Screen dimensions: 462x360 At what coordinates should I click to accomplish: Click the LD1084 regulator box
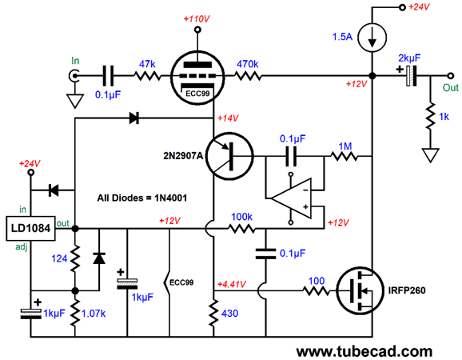coord(30,229)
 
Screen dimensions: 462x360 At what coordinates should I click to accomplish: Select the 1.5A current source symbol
coord(372,38)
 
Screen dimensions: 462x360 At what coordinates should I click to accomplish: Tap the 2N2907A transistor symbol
coord(229,156)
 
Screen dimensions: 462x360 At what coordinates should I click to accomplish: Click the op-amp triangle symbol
coord(291,198)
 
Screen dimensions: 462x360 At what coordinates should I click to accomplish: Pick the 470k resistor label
coord(248,64)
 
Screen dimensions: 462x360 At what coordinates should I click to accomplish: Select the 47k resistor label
coord(147,64)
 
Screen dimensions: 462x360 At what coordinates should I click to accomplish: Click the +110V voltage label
coord(197,19)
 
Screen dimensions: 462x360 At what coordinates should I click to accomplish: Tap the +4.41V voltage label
coord(232,285)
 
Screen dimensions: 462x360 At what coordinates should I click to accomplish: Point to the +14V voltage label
coord(228,118)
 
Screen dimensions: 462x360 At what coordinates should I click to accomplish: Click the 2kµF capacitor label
coord(409,58)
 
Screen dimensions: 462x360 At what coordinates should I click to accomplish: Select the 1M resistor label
coord(345,146)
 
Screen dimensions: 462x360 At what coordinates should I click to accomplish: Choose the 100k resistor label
coord(241,217)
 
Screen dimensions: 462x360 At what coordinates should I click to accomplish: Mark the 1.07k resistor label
coord(94,314)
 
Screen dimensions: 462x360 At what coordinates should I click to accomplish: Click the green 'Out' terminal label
coord(451,87)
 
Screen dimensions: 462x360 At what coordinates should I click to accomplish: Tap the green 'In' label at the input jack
coord(75,61)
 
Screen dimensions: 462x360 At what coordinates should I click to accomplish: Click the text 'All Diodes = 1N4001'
coord(142,198)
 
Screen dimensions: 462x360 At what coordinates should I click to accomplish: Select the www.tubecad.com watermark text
coord(364,352)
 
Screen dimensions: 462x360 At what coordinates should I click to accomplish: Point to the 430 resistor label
coord(230,313)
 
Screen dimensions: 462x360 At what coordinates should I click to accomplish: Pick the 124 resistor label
coord(59,258)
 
